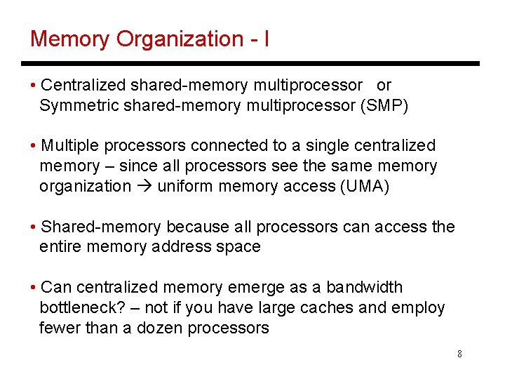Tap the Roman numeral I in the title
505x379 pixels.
[x=266, y=39]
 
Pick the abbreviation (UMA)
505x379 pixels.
[x=364, y=186]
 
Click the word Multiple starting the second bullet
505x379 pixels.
[x=71, y=146]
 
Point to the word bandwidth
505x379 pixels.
[x=365, y=287]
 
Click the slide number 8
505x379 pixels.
[x=459, y=354]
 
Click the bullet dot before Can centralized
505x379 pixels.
[x=34, y=287]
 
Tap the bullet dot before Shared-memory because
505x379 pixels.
[x=34, y=227]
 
